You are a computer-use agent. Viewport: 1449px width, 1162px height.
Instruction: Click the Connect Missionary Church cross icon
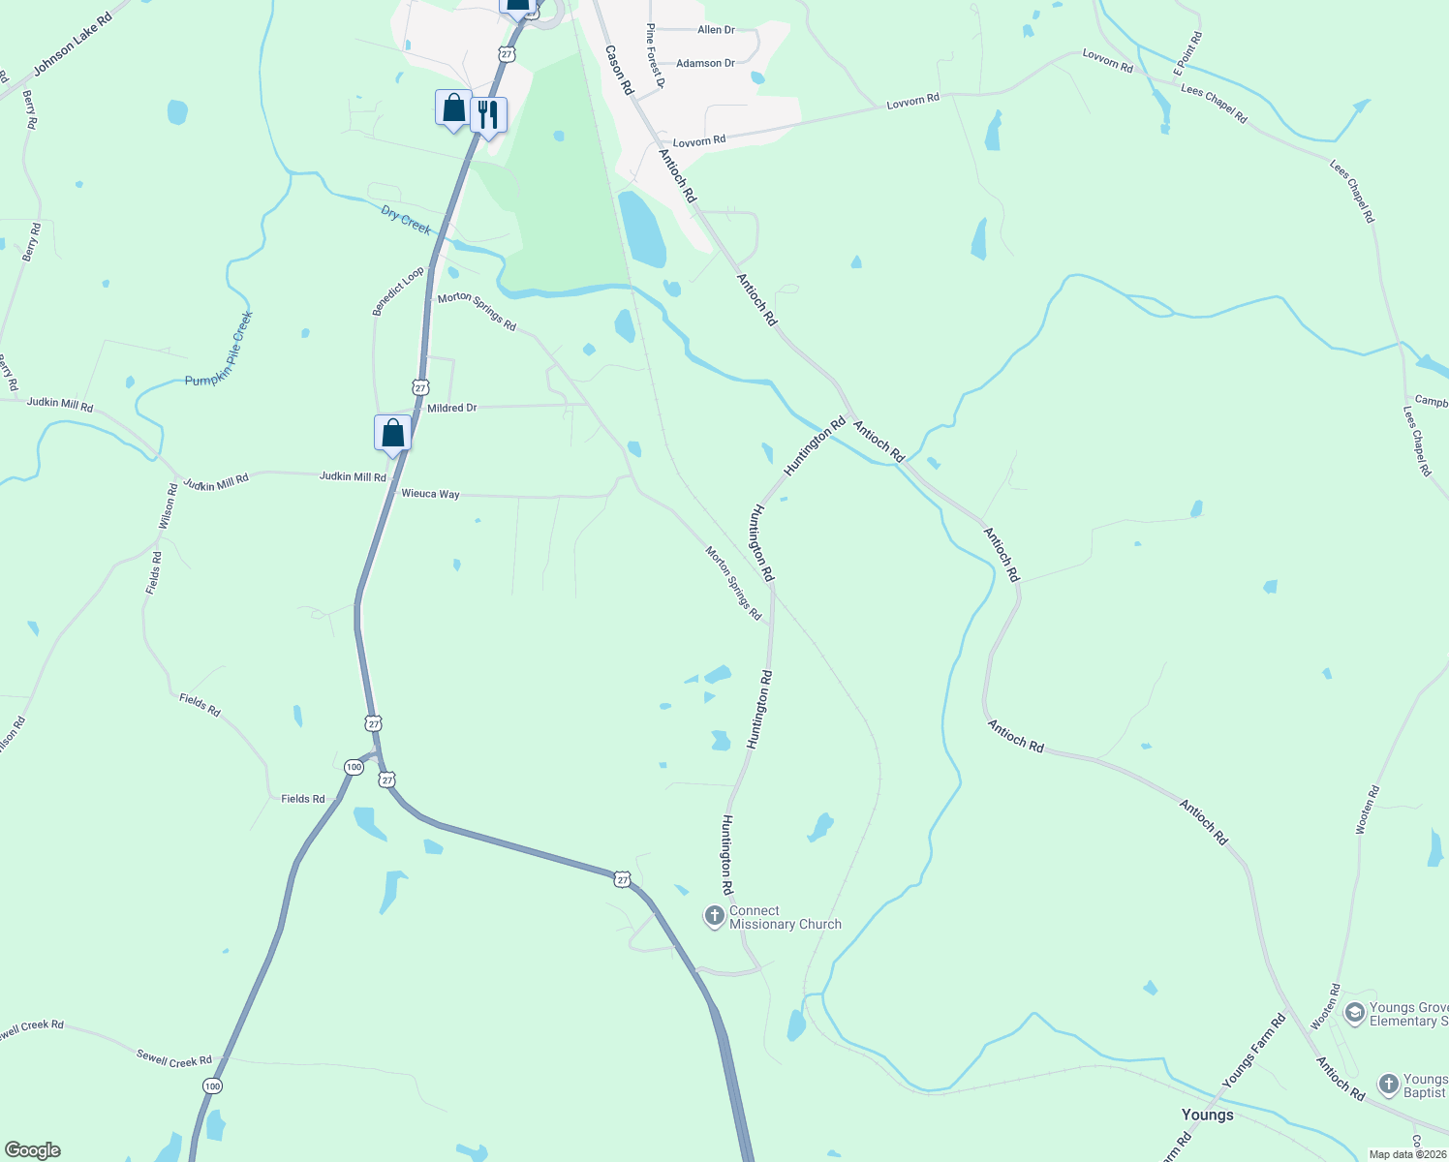coord(714,916)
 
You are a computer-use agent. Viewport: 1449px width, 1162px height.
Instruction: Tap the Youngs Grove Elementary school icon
coord(1354,1014)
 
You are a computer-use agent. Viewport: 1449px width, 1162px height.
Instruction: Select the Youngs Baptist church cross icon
coord(1388,1085)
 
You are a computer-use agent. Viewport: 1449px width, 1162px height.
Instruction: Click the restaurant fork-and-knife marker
coord(488,115)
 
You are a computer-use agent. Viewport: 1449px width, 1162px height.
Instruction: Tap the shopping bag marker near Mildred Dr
coord(392,432)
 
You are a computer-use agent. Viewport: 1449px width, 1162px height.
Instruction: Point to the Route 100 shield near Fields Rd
coord(354,767)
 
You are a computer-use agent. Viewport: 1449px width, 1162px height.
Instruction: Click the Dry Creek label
coord(406,220)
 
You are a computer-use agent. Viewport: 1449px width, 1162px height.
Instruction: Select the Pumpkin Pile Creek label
coord(219,349)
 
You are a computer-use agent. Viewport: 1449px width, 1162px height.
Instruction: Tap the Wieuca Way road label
coord(430,494)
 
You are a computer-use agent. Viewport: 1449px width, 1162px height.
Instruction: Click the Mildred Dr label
coord(451,408)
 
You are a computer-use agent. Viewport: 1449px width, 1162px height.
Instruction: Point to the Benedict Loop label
coord(398,291)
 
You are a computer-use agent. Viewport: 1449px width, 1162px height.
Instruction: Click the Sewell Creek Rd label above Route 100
coord(174,1061)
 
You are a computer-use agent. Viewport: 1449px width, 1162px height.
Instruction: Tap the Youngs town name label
coord(1207,1115)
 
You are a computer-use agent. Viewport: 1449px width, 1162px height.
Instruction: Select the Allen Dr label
coord(716,30)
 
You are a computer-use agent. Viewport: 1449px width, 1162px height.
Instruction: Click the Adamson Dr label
coord(705,63)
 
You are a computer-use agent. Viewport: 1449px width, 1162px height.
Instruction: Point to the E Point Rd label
coord(1187,53)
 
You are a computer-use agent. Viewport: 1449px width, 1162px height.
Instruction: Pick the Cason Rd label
coord(618,70)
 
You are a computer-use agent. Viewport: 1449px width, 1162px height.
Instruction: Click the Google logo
coord(33,1150)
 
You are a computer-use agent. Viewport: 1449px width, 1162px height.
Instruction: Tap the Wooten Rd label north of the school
coord(1366,810)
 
